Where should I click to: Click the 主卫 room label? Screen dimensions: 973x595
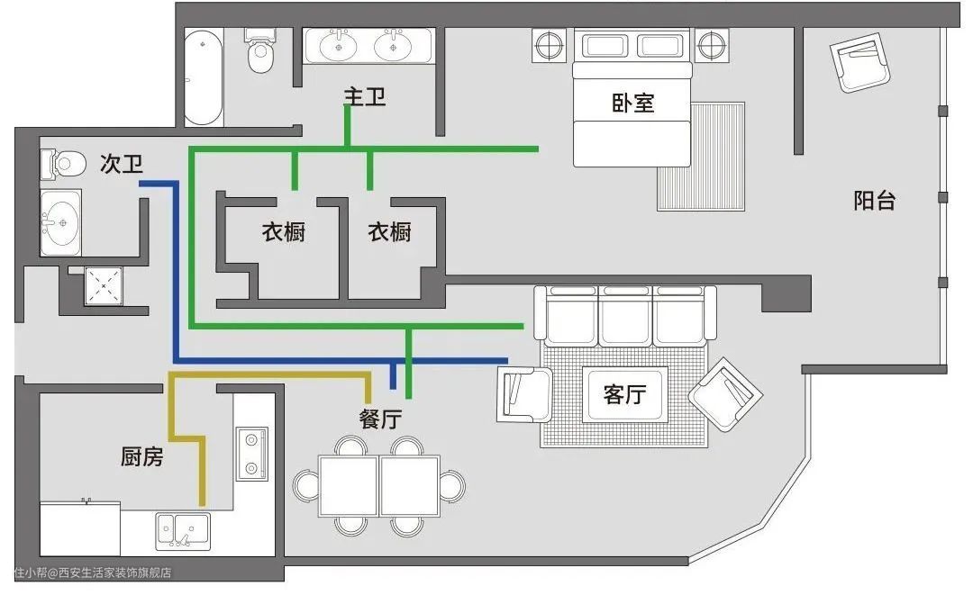tap(365, 96)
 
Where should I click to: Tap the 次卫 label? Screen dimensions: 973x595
tap(122, 164)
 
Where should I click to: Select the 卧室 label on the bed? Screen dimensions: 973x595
tap(633, 103)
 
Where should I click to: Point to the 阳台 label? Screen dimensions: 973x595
tap(874, 200)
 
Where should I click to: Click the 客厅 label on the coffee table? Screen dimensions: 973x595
tap(625, 394)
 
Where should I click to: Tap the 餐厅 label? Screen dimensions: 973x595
tap(380, 419)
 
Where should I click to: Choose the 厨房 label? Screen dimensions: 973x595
tap(142, 456)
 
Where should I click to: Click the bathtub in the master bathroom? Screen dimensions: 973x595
tap(203, 77)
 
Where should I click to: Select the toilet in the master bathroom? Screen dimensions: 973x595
tap(259, 50)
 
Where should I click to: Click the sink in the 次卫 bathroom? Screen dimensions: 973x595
tap(60, 222)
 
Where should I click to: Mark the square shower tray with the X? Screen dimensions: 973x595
tap(104, 285)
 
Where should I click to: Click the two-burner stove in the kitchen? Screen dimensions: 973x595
tap(252, 453)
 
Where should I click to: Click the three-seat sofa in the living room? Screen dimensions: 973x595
tap(625, 316)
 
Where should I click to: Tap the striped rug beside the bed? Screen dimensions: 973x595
tap(701, 157)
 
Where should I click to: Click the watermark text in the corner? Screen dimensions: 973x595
tap(93, 572)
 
